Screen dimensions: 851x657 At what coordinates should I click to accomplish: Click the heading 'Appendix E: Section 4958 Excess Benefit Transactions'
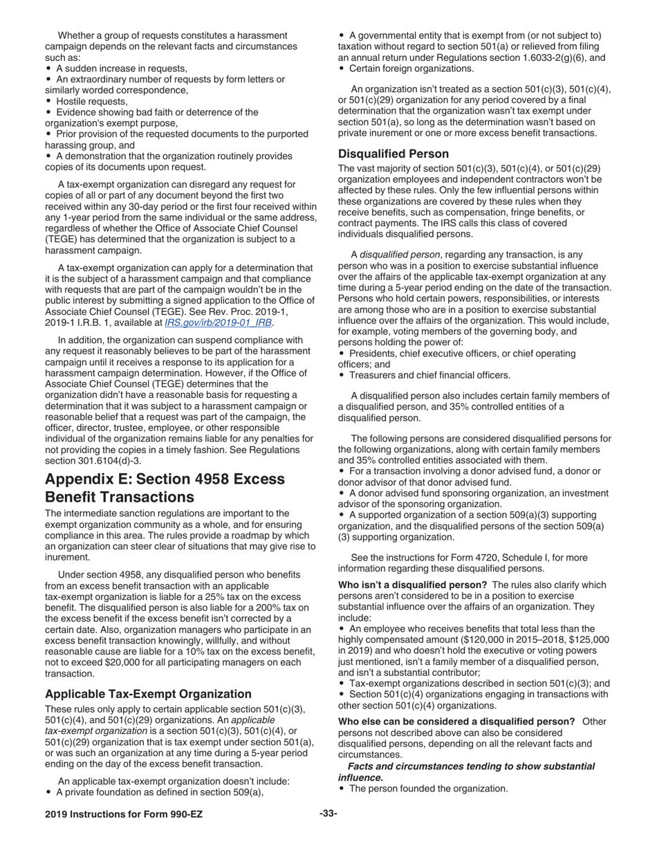coord(165,488)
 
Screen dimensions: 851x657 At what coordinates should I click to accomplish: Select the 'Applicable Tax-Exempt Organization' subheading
coord(148,693)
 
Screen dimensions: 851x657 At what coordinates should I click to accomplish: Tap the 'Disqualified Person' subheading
coord(394,154)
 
